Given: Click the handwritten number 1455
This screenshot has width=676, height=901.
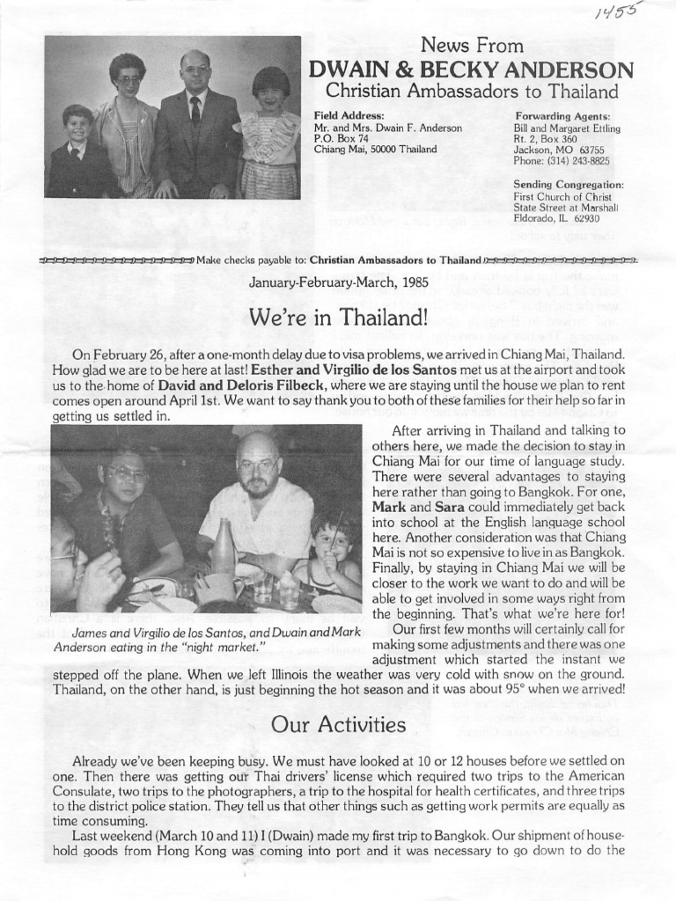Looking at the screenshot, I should pyautogui.click(x=619, y=12).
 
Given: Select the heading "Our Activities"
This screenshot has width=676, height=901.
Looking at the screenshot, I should pyautogui.click(x=338, y=724).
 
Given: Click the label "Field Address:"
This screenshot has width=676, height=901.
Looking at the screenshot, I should pyautogui.click(x=349, y=116).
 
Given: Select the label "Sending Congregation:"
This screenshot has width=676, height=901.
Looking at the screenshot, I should pyautogui.click(x=568, y=184).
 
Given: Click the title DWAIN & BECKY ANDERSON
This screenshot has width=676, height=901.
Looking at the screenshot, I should pyautogui.click(x=470, y=70).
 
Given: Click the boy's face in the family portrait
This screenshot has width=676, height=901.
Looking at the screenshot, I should pyautogui.click(x=77, y=124).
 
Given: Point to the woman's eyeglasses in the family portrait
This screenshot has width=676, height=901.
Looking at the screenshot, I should pyautogui.click(x=129, y=80).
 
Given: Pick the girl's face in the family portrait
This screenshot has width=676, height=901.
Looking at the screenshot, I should pyautogui.click(x=269, y=94).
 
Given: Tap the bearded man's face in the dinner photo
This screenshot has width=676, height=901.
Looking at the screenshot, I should pyautogui.click(x=258, y=465).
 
